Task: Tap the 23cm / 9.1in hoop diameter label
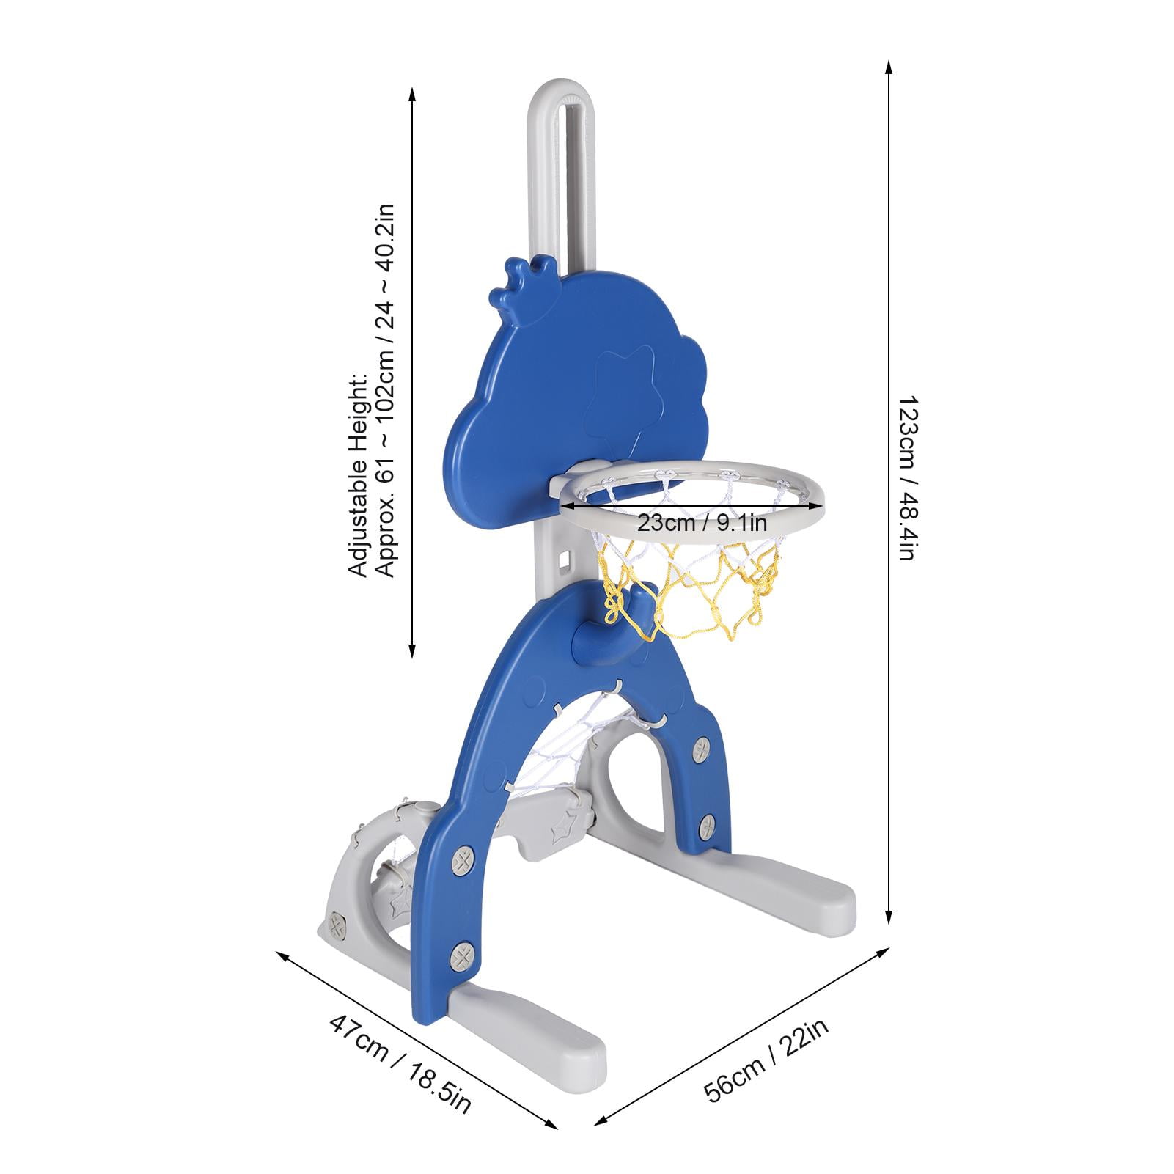point(702,523)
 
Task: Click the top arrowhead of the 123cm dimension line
point(889,67)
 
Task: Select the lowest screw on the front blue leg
point(462,955)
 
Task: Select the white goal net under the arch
point(572,741)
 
